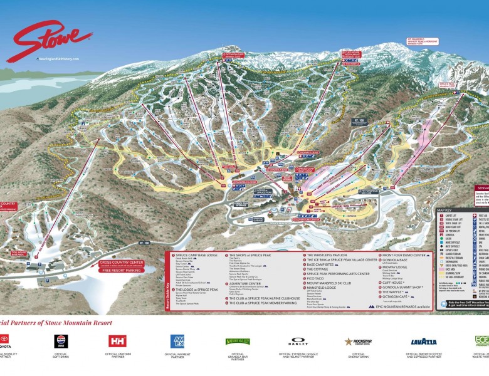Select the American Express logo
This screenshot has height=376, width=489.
[x=177, y=341]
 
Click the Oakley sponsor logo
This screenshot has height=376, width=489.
[x=298, y=342]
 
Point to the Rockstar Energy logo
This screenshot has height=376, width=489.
[x=358, y=342]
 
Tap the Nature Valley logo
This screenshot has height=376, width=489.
[x=238, y=342]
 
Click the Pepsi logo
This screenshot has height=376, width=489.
[x=61, y=341]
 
